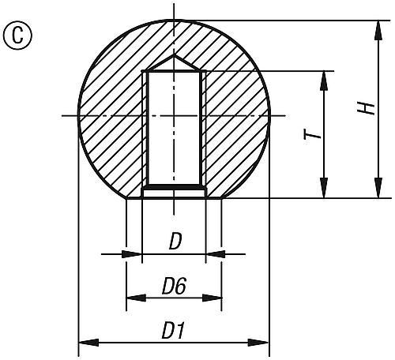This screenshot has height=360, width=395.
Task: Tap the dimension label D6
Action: [173, 287]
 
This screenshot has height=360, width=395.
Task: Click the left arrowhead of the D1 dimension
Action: [88, 343]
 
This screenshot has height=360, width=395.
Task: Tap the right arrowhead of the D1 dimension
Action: [260, 343]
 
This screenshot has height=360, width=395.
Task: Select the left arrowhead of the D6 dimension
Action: [136, 298]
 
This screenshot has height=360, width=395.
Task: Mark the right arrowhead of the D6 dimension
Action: [212, 298]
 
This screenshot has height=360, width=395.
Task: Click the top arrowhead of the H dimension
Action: [374, 29]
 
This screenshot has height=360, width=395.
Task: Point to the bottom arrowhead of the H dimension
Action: [374, 189]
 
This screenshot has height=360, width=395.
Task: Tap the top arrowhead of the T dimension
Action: [325, 80]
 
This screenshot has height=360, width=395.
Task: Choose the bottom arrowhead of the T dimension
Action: [325, 189]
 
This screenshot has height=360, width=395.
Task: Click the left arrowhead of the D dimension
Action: [132, 254]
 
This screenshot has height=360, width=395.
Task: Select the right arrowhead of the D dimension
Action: [216, 254]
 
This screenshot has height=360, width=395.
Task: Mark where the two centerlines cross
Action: [174, 117]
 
